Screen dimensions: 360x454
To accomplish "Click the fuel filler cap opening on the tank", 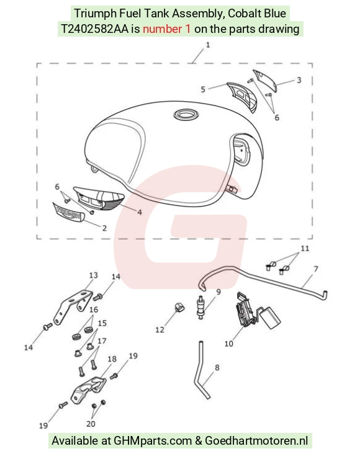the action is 186,115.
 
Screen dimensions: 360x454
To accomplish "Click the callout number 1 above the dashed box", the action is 207,45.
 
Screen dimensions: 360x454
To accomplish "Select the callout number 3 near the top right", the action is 299,80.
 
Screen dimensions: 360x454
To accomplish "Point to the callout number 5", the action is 203,89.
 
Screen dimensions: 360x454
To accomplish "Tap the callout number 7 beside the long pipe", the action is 316,269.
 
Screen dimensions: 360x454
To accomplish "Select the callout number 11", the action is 305,249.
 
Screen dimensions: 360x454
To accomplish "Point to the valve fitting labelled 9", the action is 200,308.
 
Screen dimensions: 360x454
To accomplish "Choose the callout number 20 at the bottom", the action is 91,424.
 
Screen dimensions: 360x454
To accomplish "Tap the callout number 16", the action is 94,310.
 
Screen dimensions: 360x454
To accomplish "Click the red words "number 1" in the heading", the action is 167,29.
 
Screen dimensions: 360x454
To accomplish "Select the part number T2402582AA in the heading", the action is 94,29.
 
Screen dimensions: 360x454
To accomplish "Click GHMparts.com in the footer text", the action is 153,441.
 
